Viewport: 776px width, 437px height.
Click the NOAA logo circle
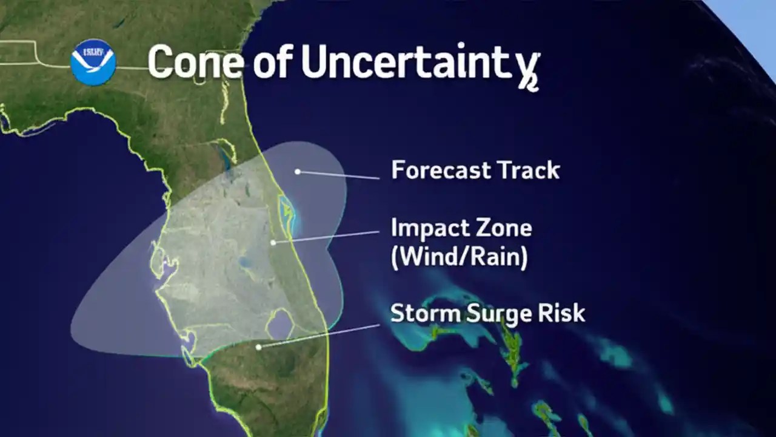(93, 61)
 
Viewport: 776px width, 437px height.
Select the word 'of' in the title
(273, 63)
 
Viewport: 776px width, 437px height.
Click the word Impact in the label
(424, 229)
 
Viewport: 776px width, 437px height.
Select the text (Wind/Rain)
(459, 257)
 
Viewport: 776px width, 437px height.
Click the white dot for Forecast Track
(298, 172)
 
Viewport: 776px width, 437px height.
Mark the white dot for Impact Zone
(273, 242)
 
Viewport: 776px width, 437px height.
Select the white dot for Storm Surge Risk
(259, 347)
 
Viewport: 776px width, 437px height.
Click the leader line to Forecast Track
(339, 175)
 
